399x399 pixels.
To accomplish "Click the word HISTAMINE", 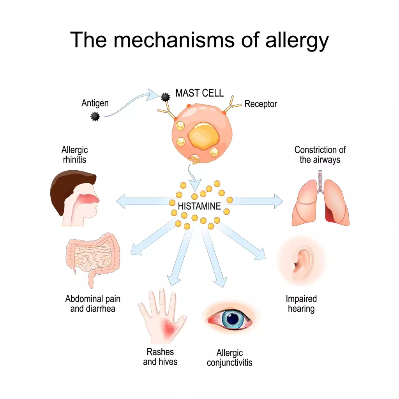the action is point(199,206).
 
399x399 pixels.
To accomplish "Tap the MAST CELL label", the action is point(199,93).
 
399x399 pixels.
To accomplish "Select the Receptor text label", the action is point(261,104).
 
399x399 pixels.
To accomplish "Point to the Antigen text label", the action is point(95,103).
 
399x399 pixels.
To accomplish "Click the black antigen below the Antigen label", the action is point(95,117).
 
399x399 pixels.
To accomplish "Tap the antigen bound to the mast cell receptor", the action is point(165,97).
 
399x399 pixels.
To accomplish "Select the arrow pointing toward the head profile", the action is point(145,201).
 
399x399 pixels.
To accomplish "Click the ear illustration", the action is point(302,261).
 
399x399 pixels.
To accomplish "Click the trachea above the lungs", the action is point(320,181).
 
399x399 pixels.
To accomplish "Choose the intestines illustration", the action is point(93,260).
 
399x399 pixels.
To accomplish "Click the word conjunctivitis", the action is point(230,363).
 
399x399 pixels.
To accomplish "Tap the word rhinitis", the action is point(74,160).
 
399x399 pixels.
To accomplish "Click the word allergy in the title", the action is point(297,41).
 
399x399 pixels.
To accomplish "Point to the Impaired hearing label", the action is point(301,304).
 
